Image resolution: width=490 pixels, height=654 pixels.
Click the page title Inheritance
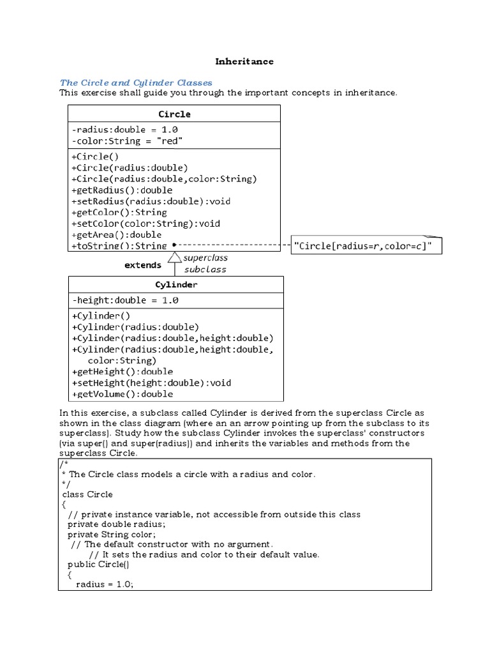(244, 61)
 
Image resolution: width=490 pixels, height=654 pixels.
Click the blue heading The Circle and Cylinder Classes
(136, 82)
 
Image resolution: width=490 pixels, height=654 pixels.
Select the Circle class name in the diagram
(174, 114)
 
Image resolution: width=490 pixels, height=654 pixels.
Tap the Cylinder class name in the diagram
(176, 284)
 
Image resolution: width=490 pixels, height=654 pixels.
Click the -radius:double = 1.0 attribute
(125, 129)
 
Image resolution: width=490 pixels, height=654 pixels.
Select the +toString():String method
(119, 245)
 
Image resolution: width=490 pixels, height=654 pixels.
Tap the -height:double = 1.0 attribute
(126, 300)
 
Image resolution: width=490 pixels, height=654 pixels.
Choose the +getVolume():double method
(122, 394)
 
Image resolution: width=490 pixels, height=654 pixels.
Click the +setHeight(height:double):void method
(152, 383)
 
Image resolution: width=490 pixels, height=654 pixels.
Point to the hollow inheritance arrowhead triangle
(174, 257)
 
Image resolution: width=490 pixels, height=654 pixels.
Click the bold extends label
(143, 265)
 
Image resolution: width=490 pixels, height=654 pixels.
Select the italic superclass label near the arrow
(205, 258)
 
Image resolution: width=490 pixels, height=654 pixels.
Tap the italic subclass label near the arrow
(205, 269)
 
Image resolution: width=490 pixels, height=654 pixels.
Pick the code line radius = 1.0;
(105, 584)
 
